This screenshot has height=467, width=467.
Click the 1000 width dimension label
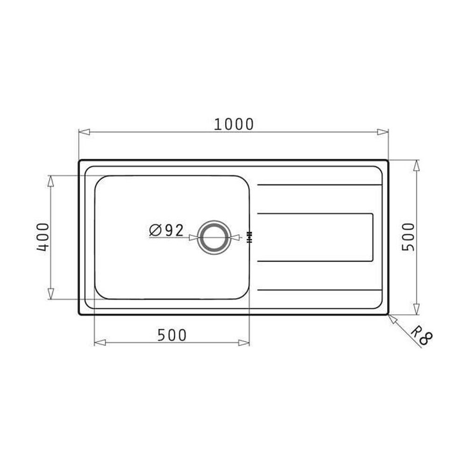[x=234, y=124]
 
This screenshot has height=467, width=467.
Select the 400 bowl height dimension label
[x=43, y=237]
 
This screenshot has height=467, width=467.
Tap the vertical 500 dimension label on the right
[x=408, y=237]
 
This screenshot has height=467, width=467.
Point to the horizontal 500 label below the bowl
[x=172, y=335]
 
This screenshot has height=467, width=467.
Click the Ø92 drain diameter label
[x=167, y=230]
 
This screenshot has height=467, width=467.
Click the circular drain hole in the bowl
[x=214, y=237]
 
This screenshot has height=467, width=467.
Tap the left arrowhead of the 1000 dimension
[x=84, y=132]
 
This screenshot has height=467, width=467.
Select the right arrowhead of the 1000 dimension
[x=383, y=132]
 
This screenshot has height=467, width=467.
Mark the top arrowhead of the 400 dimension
[x=50, y=181]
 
